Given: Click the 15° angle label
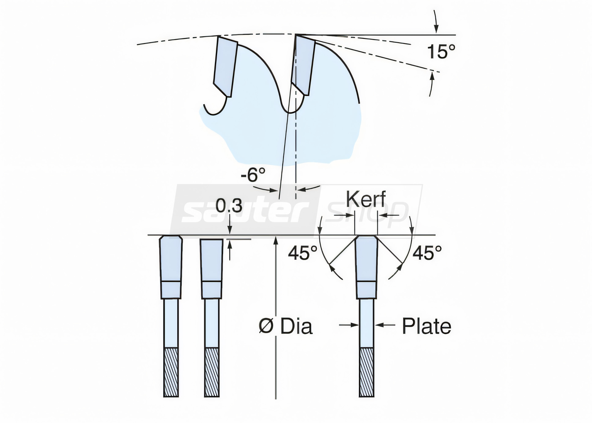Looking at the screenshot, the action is click(441, 52).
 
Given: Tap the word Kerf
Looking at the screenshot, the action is click(366, 199).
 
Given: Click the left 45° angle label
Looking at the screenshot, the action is click(303, 253).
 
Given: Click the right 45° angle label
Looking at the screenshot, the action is click(427, 253).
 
